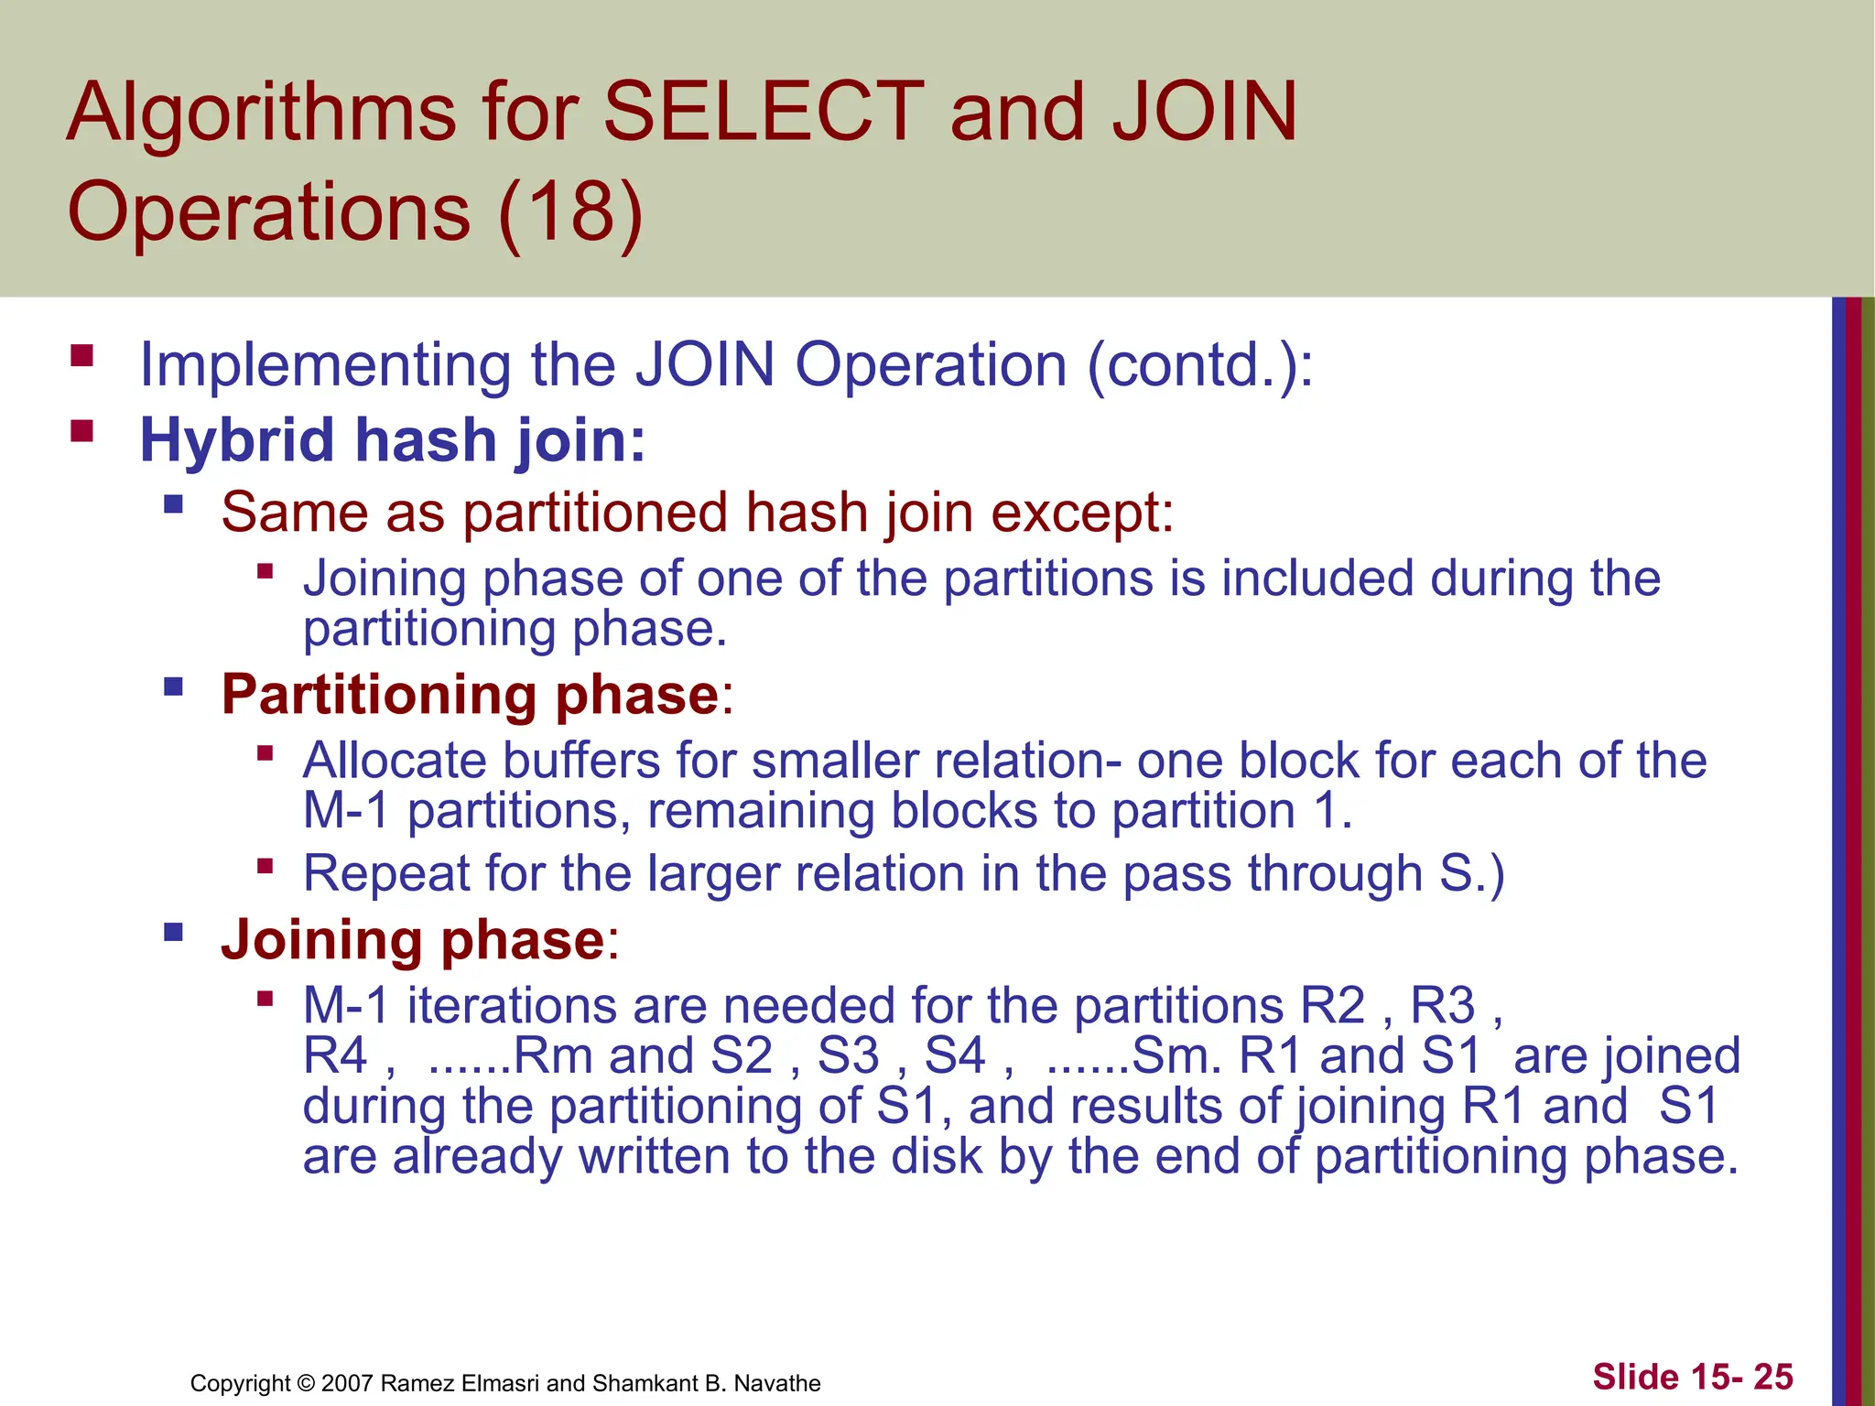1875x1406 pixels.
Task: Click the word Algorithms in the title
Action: [261, 113]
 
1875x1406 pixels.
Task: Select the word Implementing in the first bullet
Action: [325, 366]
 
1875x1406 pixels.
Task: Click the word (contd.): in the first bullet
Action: [1200, 366]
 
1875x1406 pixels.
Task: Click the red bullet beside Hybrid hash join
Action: [82, 431]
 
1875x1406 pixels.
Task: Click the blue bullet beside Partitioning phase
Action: [173, 687]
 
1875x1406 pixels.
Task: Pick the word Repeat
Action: [385, 874]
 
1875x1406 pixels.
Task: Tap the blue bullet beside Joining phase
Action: [173, 933]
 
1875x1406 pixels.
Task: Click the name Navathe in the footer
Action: [777, 1383]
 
